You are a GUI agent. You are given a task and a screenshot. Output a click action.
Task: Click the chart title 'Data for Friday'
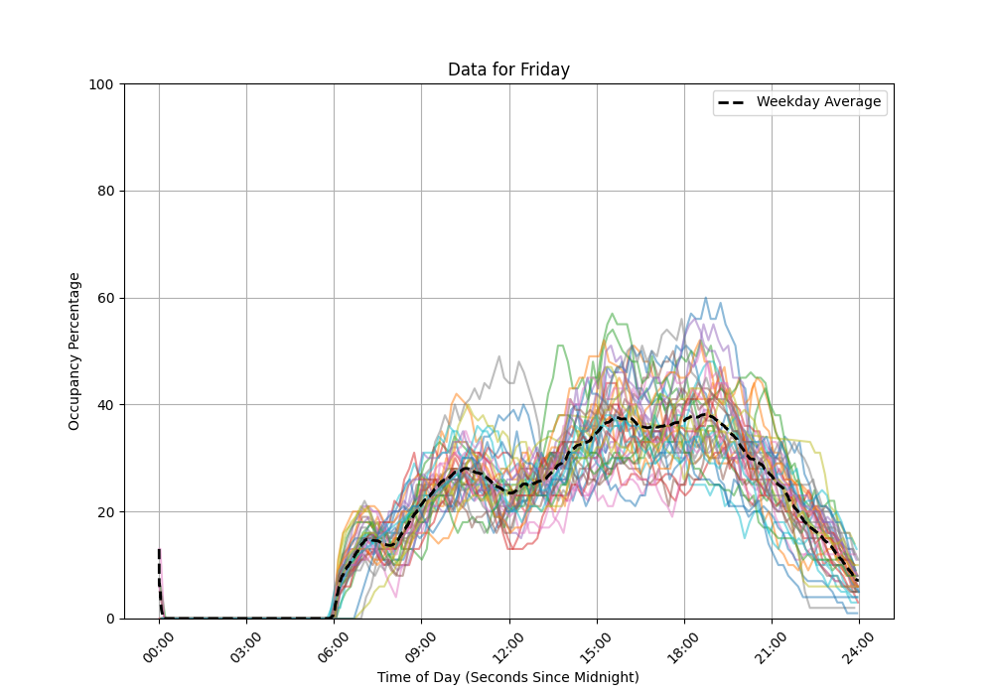(508, 69)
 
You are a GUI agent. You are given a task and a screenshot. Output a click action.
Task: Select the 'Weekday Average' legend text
(818, 102)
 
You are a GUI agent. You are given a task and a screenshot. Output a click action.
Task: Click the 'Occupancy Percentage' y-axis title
(74, 351)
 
